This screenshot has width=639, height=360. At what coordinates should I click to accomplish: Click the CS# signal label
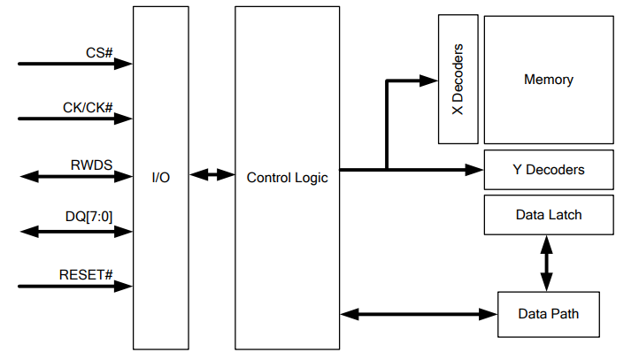click(99, 52)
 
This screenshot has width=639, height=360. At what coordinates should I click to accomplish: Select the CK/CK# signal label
click(87, 107)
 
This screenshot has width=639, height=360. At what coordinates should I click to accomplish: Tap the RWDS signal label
click(91, 164)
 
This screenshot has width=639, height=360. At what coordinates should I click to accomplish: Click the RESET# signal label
click(86, 274)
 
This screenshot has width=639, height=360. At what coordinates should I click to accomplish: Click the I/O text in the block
click(161, 177)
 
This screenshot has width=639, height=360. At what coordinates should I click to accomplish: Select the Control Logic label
click(287, 177)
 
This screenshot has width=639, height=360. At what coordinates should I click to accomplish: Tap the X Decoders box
click(458, 80)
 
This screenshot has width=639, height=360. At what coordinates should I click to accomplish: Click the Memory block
click(548, 80)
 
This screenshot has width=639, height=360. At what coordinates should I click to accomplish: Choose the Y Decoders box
click(548, 169)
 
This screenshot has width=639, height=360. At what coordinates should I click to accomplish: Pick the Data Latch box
click(548, 215)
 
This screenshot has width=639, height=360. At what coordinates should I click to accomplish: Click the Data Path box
click(548, 313)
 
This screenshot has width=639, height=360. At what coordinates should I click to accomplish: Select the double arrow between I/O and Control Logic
click(212, 175)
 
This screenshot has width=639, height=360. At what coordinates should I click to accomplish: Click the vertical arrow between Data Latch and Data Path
click(546, 263)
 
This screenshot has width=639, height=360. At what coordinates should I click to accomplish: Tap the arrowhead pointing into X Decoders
click(431, 80)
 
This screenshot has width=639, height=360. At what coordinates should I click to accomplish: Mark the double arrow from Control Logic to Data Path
click(419, 313)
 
